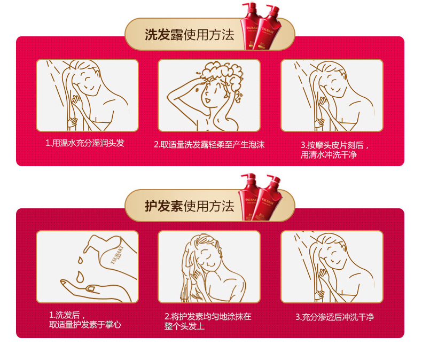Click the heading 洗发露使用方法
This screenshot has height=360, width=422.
coord(190,35)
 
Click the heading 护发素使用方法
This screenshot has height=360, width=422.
coord(190,206)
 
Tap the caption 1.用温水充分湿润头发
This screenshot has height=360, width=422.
coord(85,143)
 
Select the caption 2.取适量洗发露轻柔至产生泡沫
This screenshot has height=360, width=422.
coord(209,145)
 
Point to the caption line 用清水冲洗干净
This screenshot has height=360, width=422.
coord(329,155)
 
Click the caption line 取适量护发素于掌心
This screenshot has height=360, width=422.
coord(85,325)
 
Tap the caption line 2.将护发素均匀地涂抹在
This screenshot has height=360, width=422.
coord(208,316)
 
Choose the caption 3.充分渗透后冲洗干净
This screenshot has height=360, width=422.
coord(334,317)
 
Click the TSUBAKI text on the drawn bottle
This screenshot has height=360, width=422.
coord(116,255)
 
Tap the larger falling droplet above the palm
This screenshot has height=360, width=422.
coord(80,277)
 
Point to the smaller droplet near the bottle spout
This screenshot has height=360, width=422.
coord(80,260)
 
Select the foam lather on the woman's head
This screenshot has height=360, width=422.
coord(222,72)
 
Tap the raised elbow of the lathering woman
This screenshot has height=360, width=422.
coord(169,97)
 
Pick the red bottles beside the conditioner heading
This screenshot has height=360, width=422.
coord(260,198)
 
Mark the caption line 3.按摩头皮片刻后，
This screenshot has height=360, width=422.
coord(334,145)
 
